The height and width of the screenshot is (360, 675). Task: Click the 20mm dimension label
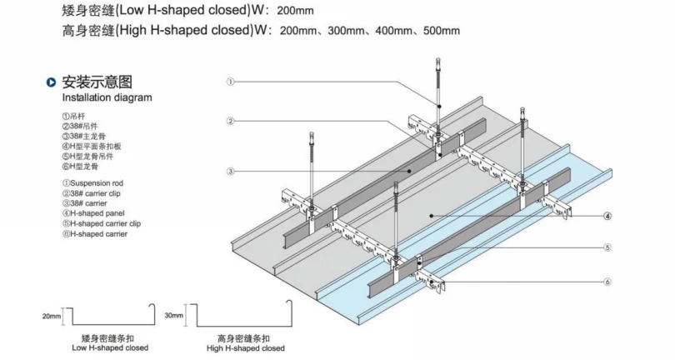tap(52, 317)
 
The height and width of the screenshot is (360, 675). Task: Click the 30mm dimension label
tap(173, 317)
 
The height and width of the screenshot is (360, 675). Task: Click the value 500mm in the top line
tap(442, 31)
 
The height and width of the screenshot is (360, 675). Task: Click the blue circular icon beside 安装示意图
tap(52, 82)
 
